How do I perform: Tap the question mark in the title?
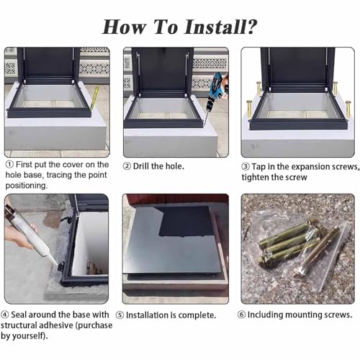click(251, 27)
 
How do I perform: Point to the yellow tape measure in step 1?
click(94, 98)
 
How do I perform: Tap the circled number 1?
click(9, 165)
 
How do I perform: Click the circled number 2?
click(127, 166)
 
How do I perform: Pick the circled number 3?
click(246, 167)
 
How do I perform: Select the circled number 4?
click(5, 315)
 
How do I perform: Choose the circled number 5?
click(120, 315)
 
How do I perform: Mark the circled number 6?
click(241, 315)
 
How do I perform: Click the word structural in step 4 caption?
click(19, 325)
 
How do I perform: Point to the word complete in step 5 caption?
click(197, 315)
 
